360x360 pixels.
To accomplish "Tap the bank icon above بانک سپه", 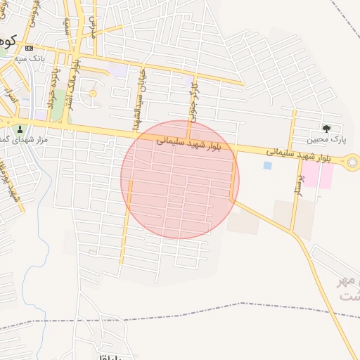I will tap(29, 48).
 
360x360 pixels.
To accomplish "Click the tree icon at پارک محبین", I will tap(326, 127).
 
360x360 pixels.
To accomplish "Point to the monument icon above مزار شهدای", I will tap(19, 129).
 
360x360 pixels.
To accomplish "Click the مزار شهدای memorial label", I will tap(23, 139).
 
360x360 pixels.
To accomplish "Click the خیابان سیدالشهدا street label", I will tap(139, 99).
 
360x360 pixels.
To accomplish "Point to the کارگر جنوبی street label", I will tap(192, 98).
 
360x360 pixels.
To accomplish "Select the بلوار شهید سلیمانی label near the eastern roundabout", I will tap(297, 155).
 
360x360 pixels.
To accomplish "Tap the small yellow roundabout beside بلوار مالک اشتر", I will tap(92, 94).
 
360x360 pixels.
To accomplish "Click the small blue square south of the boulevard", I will tap(267, 165).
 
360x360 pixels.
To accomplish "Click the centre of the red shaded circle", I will tap(180, 180).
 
